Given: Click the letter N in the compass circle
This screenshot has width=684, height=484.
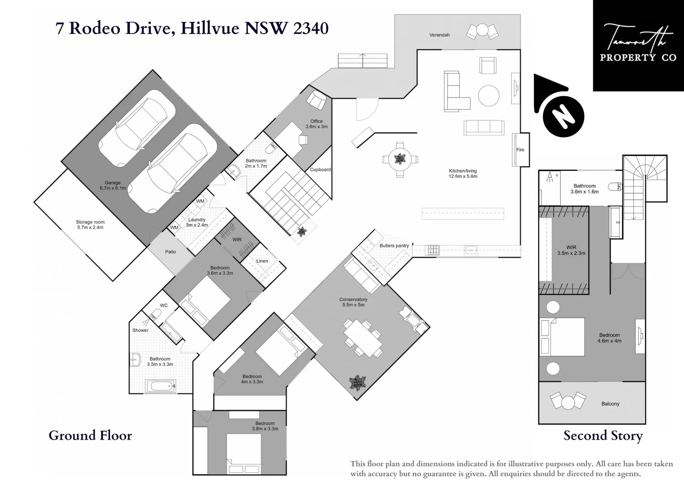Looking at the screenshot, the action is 564,117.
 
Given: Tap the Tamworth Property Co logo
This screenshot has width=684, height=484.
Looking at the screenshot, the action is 638,46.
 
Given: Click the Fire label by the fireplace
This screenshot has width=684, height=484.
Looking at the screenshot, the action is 520,150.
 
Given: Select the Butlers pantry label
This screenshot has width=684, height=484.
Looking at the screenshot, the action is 394,246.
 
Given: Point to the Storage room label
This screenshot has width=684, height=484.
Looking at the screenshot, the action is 90,225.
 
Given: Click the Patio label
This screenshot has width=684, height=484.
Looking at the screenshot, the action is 171,251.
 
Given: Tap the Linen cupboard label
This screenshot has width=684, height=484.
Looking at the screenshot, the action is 262,261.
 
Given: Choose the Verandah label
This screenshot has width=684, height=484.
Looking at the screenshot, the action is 440,35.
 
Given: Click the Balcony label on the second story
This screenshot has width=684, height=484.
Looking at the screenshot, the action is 610,404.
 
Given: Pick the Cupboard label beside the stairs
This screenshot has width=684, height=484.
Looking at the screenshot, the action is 321,169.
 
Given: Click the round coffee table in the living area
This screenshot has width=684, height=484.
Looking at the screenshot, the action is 488,96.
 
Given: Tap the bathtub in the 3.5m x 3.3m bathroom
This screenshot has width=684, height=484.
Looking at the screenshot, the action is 161,386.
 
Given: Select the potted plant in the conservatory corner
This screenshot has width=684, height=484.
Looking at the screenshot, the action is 357,382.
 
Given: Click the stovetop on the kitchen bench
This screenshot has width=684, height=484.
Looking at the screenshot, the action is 433,251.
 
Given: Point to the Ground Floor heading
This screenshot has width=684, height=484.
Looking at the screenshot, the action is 90,436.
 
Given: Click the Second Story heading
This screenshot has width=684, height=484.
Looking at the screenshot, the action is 603,436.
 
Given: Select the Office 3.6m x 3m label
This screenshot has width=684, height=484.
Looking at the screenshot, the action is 316,124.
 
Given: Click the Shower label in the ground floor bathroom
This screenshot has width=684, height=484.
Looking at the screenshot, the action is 141,330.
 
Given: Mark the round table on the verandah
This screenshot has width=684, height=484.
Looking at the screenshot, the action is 482,30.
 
